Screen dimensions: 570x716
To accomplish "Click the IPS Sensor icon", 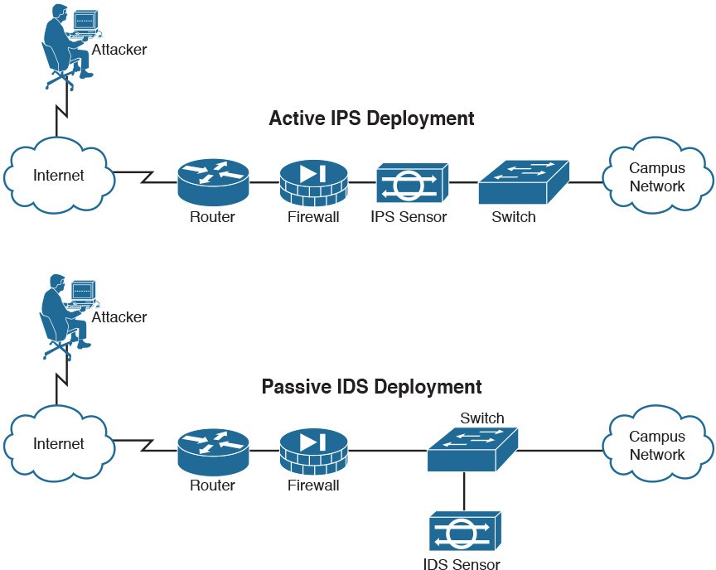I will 412,183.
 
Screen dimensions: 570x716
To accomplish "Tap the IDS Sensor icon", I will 464,533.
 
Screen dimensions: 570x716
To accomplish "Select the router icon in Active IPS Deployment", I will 213,182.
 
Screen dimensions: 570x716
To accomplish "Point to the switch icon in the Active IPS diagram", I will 524,182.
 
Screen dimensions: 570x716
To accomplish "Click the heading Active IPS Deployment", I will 371,118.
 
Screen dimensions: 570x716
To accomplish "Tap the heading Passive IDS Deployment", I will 371,387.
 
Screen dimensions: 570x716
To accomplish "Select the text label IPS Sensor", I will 409,218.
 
